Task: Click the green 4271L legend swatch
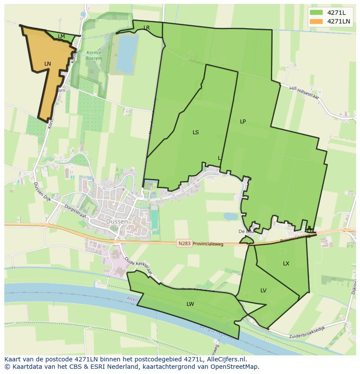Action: pyautogui.click(x=317, y=13)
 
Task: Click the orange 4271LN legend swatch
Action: pyautogui.click(x=317, y=21)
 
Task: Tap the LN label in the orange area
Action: pyautogui.click(x=48, y=64)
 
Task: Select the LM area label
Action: pyautogui.click(x=61, y=36)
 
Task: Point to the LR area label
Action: pyautogui.click(x=147, y=28)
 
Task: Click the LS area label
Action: pyautogui.click(x=196, y=132)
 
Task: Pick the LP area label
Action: pyautogui.click(x=243, y=122)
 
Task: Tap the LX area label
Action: pyautogui.click(x=286, y=264)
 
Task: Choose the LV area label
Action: pyautogui.click(x=263, y=291)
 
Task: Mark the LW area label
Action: pyautogui.click(x=190, y=304)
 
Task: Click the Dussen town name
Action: pyautogui.click(x=117, y=221)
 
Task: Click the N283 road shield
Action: pyautogui.click(x=184, y=244)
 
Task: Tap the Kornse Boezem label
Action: pyautogui.click(x=94, y=55)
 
